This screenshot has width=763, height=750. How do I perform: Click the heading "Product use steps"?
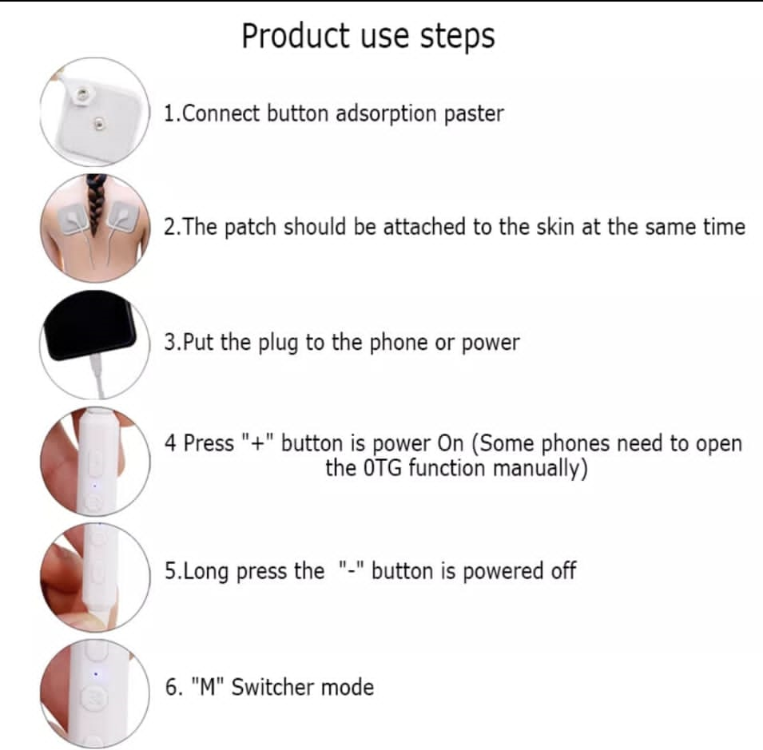pos(368,37)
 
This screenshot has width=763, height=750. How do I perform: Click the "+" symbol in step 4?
pos(258,442)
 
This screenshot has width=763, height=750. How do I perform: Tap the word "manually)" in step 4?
pos(540,469)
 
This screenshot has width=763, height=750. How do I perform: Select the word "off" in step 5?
pos(563,570)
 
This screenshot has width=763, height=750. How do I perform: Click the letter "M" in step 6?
pos(208,687)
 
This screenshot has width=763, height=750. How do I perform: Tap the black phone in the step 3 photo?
pos(90,325)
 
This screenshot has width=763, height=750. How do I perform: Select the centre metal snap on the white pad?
pos(99,124)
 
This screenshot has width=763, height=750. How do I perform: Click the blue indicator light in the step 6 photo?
pos(95,674)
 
